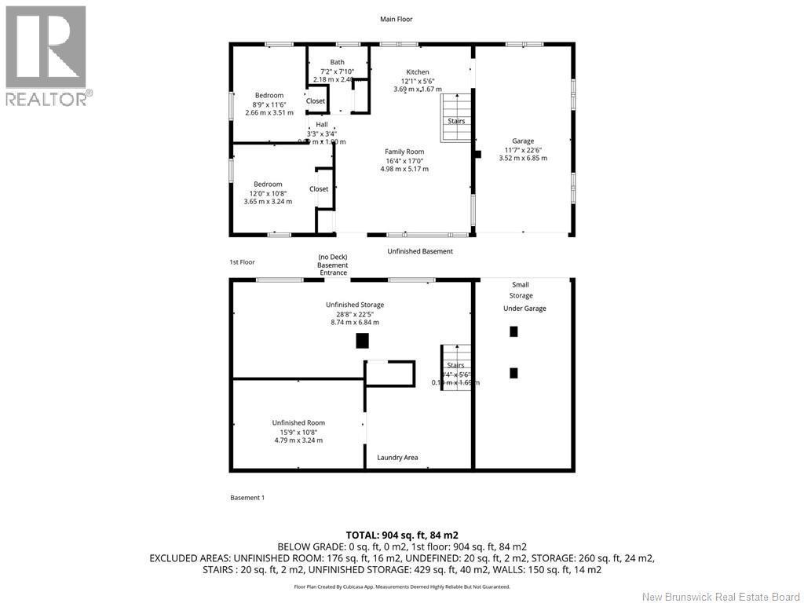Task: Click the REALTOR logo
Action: point(46,55)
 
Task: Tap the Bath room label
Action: point(337,62)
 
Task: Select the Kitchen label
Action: point(417,72)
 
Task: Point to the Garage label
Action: point(523,141)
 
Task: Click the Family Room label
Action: point(404,152)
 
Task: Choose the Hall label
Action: point(322,125)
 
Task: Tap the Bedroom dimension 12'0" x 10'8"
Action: point(268,193)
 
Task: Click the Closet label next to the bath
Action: point(316,101)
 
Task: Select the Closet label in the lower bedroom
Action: point(319,189)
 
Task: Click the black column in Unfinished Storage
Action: point(363,341)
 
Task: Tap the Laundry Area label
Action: point(397,457)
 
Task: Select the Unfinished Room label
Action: point(298,422)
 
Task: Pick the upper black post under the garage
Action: point(514,331)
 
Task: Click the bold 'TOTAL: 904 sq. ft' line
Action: point(402,535)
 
